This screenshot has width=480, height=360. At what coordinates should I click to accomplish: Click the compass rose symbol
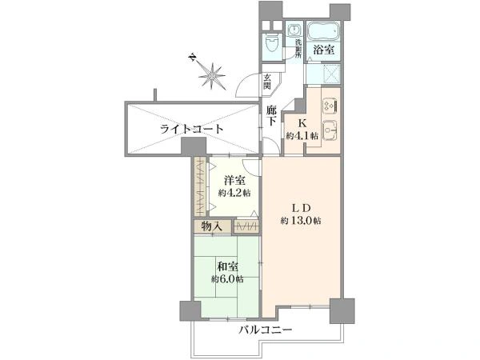(x=211, y=76)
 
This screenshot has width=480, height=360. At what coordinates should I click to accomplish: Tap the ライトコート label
(x=191, y=129)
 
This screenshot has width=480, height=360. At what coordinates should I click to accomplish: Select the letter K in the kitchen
(x=303, y=123)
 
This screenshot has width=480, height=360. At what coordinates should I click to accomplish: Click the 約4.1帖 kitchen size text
(x=303, y=136)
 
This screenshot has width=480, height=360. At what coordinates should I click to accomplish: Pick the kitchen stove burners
(x=330, y=106)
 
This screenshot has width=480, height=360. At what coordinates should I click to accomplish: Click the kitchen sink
(x=330, y=130)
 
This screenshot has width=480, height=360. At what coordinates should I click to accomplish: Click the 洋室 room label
(x=234, y=181)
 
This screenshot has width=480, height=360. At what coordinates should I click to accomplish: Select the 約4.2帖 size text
(x=234, y=194)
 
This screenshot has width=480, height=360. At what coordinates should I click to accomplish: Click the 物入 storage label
(x=212, y=227)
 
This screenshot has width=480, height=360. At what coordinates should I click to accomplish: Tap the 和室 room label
(x=227, y=266)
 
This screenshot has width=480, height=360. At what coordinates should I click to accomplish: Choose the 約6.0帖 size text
(x=227, y=279)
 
